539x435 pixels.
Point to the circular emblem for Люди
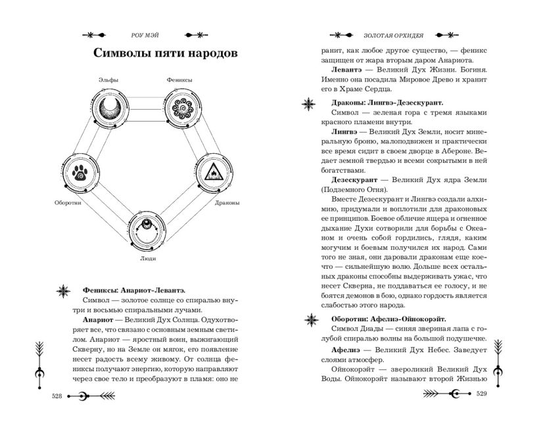(x=148, y=229)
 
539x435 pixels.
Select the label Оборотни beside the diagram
(x=68, y=203)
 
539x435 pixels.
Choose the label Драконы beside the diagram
(x=226, y=203)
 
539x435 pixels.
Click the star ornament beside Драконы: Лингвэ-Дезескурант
(x=309, y=103)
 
